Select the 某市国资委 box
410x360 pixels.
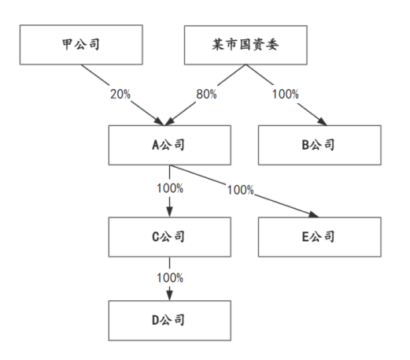(244, 45)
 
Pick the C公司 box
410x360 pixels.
(170, 236)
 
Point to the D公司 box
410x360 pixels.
(170, 320)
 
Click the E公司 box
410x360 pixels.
(319, 236)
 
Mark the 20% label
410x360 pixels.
(120, 95)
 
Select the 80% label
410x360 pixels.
(206, 95)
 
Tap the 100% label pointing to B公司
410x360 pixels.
(285, 95)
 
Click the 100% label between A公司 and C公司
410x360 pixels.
(170, 189)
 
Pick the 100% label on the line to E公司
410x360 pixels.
(240, 190)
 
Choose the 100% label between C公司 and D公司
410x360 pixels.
(170, 278)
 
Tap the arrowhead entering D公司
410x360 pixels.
(170, 295)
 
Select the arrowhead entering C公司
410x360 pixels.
(170, 211)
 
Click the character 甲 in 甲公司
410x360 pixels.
(67, 45)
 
